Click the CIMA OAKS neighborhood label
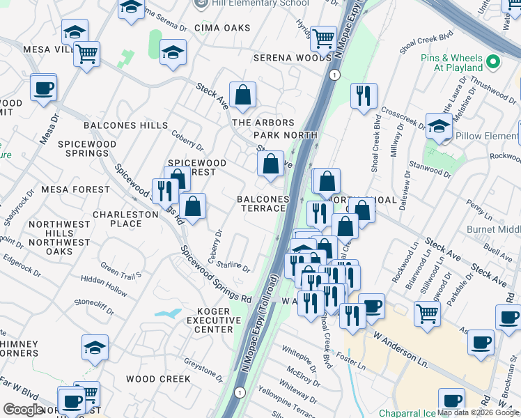[227, 28]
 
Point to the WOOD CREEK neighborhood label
[158, 379]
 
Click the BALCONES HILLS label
[125, 125]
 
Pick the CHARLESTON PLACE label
[126, 219]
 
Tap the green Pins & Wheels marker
[494, 62]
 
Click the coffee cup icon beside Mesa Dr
[44, 88]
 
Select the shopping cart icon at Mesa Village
[86, 54]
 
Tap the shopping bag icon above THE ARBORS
[242, 95]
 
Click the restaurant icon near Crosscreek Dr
[363, 97]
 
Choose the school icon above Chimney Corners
[95, 347]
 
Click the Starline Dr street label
[233, 265]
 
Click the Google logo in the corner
[23, 410]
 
